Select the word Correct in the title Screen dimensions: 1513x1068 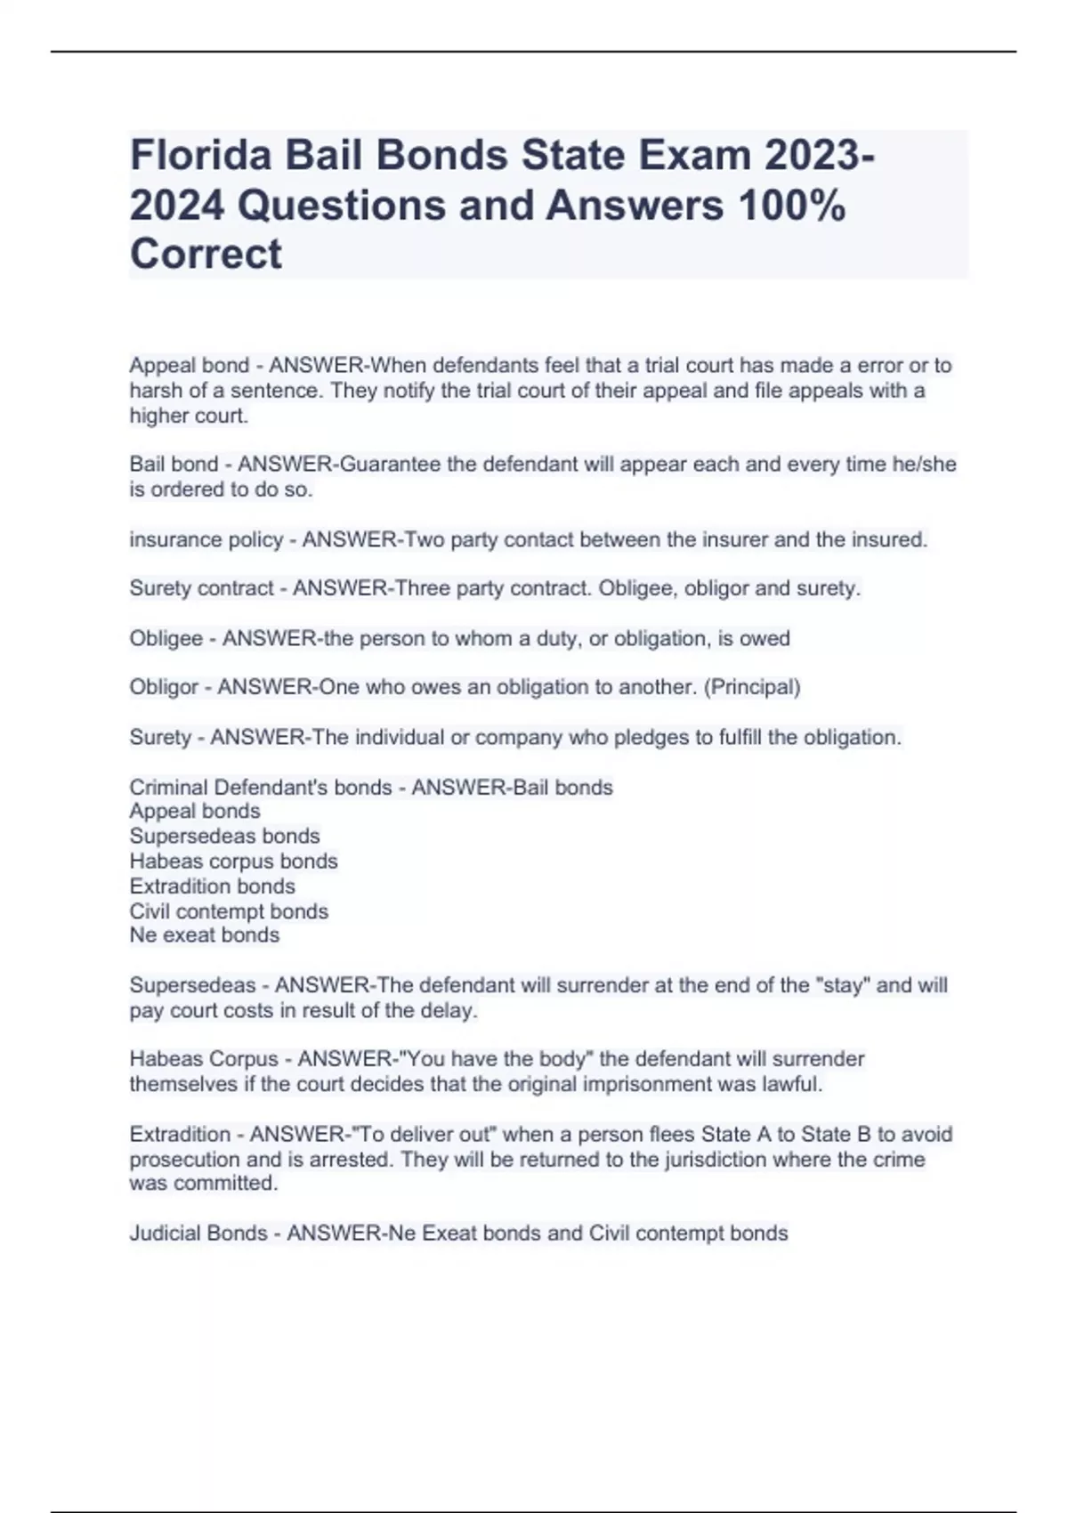[206, 255]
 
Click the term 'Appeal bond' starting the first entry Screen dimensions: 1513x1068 [189, 366]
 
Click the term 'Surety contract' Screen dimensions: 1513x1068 [201, 588]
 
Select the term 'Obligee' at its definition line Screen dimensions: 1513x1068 [166, 639]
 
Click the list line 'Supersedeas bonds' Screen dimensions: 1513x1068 [224, 837]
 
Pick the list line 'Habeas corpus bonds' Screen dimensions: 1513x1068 [233, 862]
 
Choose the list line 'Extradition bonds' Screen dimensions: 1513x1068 [212, 886]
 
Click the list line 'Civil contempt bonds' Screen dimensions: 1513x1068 [229, 911]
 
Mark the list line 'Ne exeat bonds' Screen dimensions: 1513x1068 [205, 935]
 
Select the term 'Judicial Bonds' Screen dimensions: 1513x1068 [198, 1234]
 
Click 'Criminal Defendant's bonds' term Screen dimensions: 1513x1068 [261, 788]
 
